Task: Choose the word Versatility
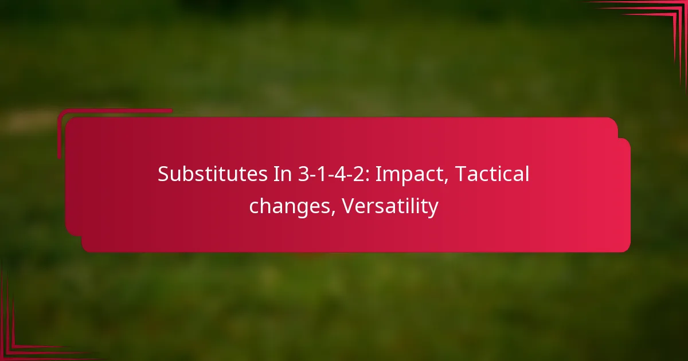tap(390, 206)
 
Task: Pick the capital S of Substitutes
tap(163, 175)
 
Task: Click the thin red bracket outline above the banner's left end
tap(115, 111)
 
